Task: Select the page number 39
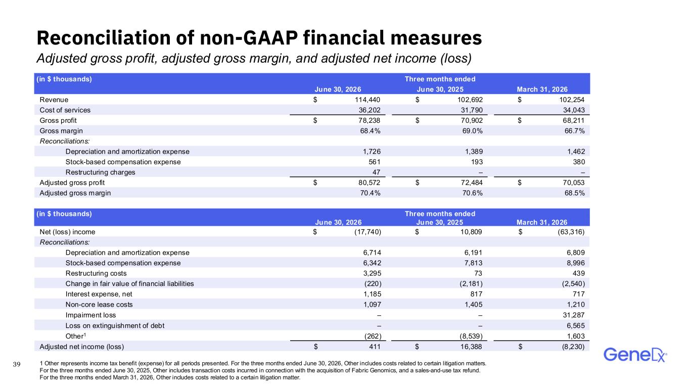17,364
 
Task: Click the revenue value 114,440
367,100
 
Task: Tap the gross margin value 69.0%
472,131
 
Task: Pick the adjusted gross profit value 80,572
369,182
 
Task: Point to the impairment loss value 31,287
574,315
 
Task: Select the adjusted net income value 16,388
471,347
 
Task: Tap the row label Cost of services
65,110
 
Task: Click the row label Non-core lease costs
99,305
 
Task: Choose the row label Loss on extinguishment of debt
115,325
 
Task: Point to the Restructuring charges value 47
376,172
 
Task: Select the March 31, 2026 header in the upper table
542,89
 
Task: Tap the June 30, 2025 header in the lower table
440,222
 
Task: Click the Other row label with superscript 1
76,336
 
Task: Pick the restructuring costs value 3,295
372,273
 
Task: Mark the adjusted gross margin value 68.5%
574,193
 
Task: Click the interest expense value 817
476,294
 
